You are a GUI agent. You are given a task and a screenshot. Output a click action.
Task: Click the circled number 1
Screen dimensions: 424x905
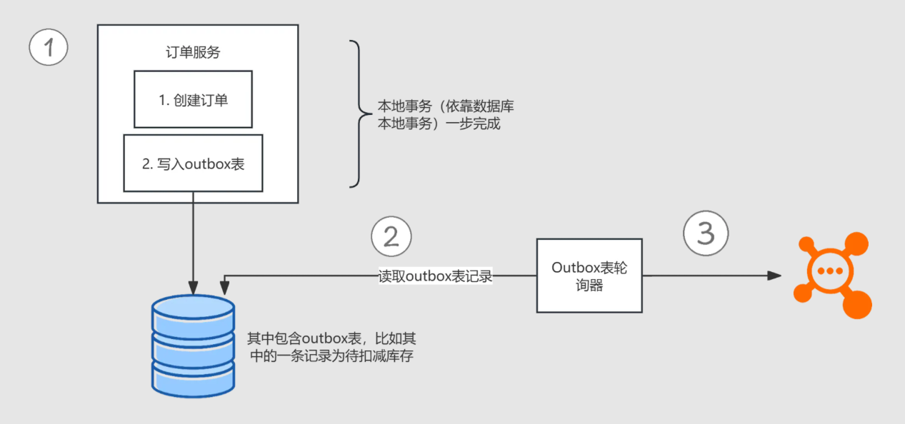pyautogui.click(x=49, y=48)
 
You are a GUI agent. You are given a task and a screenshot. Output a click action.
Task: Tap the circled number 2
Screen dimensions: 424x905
pyautogui.click(x=391, y=236)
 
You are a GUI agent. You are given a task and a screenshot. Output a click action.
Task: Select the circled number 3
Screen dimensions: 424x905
pyautogui.click(x=706, y=233)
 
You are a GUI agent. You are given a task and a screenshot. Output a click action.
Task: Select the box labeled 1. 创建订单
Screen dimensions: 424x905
pyautogui.click(x=193, y=99)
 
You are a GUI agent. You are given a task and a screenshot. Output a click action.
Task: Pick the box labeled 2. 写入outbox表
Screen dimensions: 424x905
pyautogui.click(x=193, y=163)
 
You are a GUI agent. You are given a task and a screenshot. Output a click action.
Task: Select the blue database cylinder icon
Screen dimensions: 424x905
pyautogui.click(x=193, y=345)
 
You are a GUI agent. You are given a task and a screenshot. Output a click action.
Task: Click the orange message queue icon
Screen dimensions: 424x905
pyautogui.click(x=831, y=274)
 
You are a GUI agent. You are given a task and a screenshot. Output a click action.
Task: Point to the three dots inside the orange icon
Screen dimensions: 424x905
pyautogui.click(x=829, y=271)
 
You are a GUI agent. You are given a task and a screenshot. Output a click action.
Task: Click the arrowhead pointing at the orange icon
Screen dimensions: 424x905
pyautogui.click(x=774, y=276)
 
